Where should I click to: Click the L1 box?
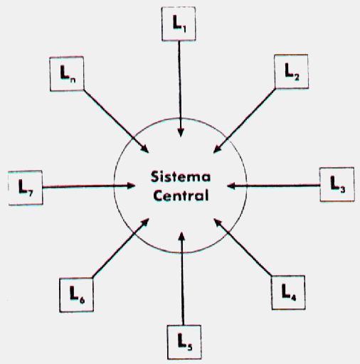click(x=179, y=23)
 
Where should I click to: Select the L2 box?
click(x=291, y=71)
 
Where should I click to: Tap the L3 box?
click(x=337, y=184)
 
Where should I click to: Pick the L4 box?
click(x=288, y=292)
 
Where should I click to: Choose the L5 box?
click(x=184, y=342)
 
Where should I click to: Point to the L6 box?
click(x=76, y=295)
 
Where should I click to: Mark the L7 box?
click(x=26, y=188)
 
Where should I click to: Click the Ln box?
click(x=67, y=74)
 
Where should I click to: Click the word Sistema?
click(x=181, y=177)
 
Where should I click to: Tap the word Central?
click(x=181, y=196)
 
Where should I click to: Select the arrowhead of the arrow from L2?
click(x=217, y=149)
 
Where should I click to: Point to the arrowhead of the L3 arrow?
click(x=231, y=186)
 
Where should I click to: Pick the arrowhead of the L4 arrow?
click(x=218, y=223)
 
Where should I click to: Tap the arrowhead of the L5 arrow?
click(x=181, y=237)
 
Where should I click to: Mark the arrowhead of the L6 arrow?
click(x=145, y=223)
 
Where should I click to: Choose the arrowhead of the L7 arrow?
click(x=131, y=186)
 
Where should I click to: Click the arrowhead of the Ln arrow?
click(x=144, y=149)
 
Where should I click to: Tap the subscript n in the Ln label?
click(x=73, y=80)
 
